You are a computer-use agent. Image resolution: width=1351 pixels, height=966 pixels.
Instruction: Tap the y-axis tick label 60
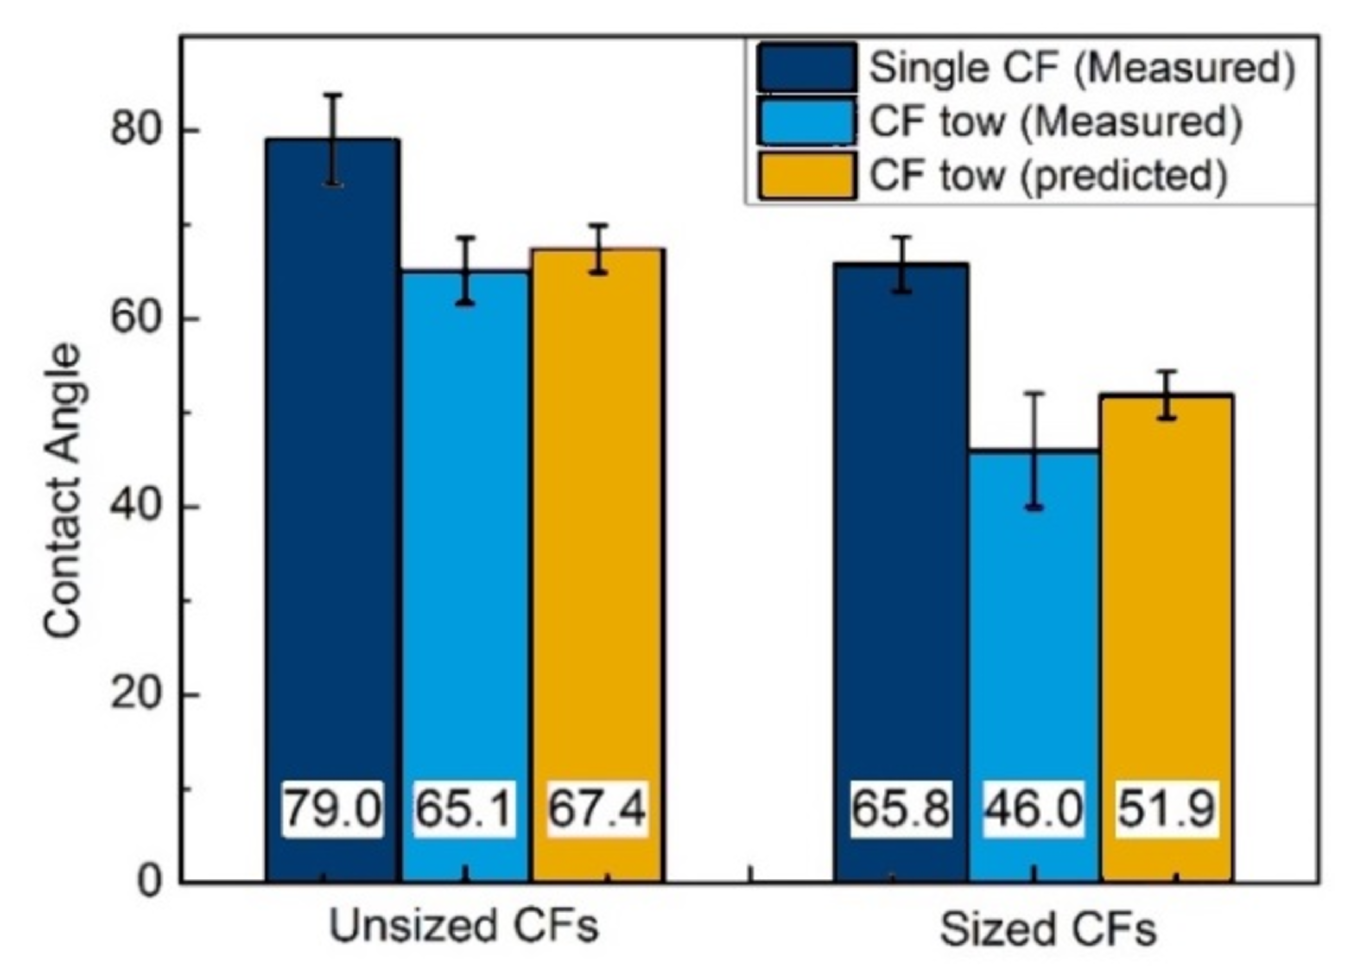[x=137, y=318]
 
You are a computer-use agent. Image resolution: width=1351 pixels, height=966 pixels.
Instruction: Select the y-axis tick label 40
[x=137, y=507]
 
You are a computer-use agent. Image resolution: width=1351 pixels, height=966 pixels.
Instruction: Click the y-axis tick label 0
[x=150, y=882]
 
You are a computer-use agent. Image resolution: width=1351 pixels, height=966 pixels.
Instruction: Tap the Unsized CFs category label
[x=464, y=927]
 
